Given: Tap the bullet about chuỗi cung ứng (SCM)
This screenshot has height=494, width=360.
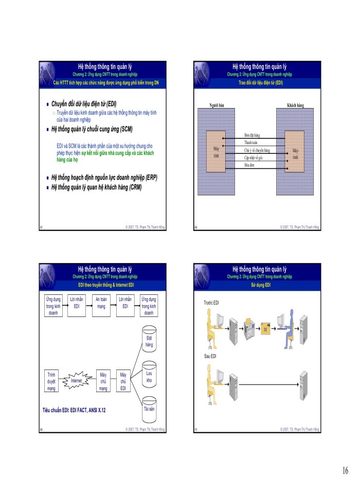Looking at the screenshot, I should pyautogui.click(x=96, y=128).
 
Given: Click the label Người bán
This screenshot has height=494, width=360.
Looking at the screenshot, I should pyautogui.click(x=217, y=105).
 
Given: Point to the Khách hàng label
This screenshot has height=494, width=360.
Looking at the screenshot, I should pyautogui.click(x=295, y=105).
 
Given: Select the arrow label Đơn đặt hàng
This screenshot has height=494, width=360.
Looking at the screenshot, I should pyautogui.click(x=252, y=135).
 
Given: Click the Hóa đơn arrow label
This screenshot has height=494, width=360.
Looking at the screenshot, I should pyautogui.click(x=249, y=166).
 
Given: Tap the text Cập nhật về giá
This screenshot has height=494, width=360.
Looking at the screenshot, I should pyautogui.click(x=254, y=158).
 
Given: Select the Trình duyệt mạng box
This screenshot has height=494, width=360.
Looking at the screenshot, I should pyautogui.click(x=51, y=381).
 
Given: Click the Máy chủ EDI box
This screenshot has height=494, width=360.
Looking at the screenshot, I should pyautogui.click(x=123, y=381).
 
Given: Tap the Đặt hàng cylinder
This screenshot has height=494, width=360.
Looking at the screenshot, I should pyautogui.click(x=149, y=341).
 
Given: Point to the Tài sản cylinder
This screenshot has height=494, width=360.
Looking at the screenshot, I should pyautogui.click(x=149, y=410).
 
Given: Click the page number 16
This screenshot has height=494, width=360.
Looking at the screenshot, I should pyautogui.click(x=344, y=471).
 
